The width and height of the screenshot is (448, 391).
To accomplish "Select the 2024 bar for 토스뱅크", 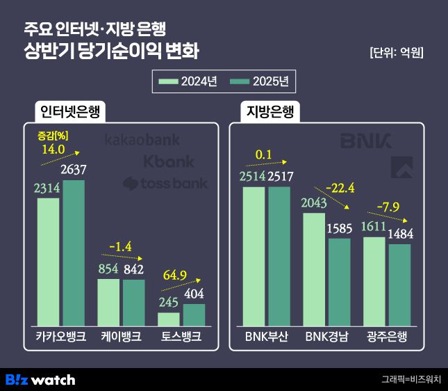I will (169, 318).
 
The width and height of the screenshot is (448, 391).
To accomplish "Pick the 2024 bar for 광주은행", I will (374, 280).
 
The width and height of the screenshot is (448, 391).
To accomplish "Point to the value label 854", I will (108, 269).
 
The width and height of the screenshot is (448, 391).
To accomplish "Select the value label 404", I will (194, 294).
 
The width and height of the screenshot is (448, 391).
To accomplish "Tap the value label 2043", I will (314, 203).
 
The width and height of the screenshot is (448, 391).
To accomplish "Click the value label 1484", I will (400, 234).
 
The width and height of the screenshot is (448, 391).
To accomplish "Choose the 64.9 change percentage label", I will (174, 276).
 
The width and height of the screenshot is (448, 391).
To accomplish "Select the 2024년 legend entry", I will (188, 82).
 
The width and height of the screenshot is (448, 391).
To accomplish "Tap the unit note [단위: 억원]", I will (397, 53).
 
